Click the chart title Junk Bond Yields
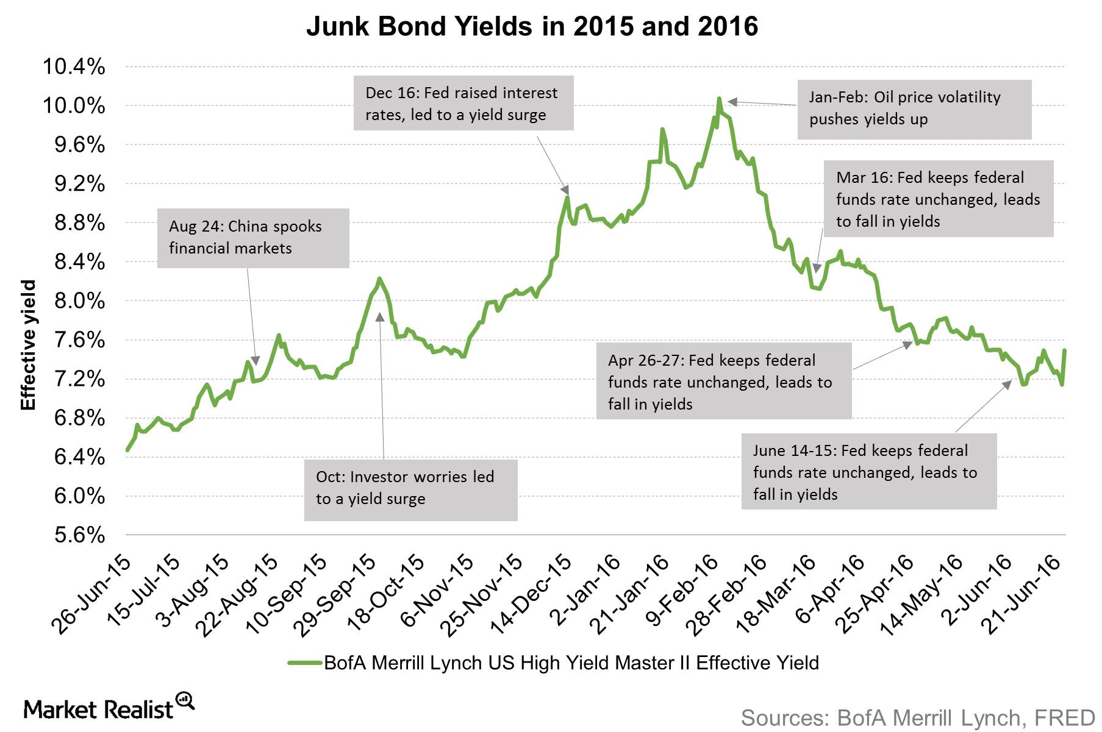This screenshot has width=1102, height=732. [x=532, y=27]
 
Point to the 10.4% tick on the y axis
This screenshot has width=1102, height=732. [x=74, y=66]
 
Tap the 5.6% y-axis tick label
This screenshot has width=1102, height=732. [x=79, y=535]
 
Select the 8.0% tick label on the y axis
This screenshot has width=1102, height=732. [x=79, y=301]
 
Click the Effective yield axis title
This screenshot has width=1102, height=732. [x=28, y=345]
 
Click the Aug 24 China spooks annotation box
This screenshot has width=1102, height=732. [x=253, y=238]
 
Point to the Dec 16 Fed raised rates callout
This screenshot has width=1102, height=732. [x=463, y=103]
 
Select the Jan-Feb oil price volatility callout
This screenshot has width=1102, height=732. [x=914, y=109]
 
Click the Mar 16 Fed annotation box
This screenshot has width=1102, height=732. [x=939, y=199]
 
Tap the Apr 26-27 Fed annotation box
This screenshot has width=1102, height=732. [x=723, y=381]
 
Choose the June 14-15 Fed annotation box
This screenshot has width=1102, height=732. [x=868, y=472]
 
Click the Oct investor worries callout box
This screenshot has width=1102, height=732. [x=410, y=489]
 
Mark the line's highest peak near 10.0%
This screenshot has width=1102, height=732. [x=720, y=99]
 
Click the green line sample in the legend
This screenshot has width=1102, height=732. [x=304, y=663]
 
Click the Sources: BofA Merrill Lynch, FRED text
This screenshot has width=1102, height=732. [x=918, y=718]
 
